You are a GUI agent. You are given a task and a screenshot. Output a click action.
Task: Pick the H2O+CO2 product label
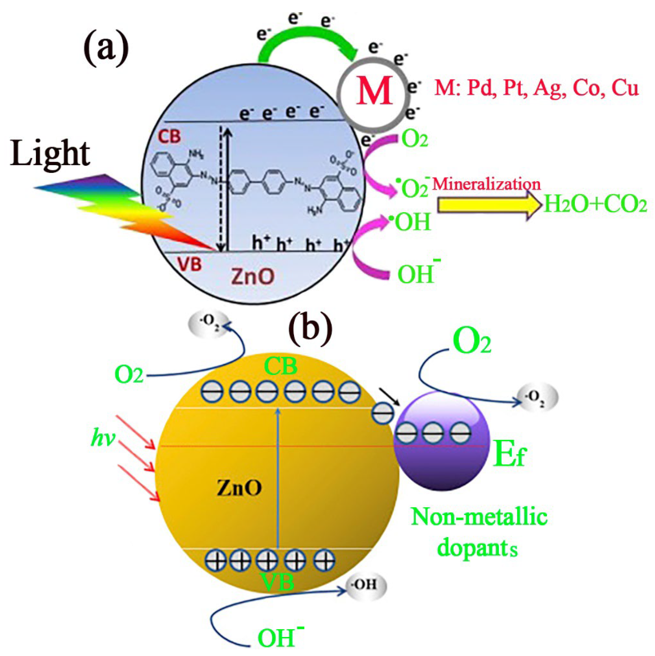(595, 205)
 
